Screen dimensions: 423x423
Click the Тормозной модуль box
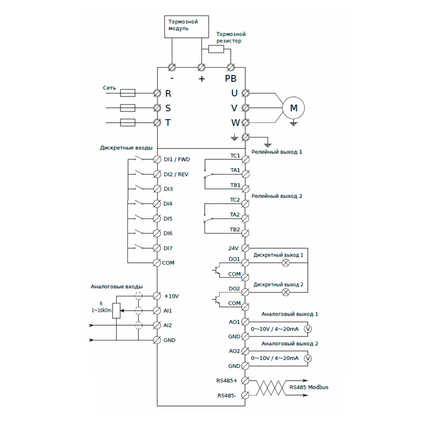point(183,25)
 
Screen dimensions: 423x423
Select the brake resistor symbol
point(216,49)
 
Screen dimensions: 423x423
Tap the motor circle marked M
point(293,108)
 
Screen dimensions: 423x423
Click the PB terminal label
point(231,79)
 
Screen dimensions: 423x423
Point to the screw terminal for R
point(157,93)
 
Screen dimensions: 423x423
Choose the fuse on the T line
point(128,123)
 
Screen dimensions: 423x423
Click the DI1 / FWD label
point(177,159)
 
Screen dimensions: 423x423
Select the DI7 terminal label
point(169,248)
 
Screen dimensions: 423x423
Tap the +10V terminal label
point(172,296)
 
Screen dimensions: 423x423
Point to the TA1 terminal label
point(235,170)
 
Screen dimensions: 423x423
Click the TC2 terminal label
point(235,200)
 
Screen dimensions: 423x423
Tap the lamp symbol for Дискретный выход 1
point(287,262)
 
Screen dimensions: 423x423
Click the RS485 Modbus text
point(309,387)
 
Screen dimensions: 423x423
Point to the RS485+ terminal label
point(226,380)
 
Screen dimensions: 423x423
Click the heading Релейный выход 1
point(277,152)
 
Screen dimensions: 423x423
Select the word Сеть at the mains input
point(109,88)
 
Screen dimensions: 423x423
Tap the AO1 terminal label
point(234,321)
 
